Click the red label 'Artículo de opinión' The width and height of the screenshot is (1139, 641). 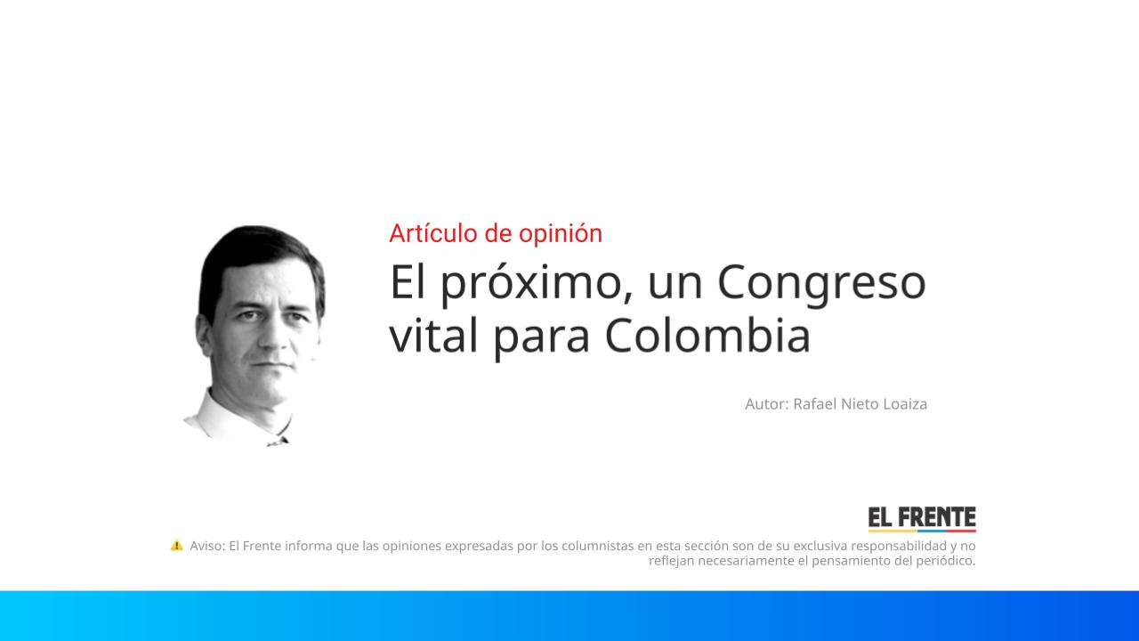[495, 233]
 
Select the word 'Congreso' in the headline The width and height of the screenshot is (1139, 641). [820, 283]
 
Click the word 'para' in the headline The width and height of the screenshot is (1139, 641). [542, 338]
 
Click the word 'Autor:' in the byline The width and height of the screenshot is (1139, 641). [766, 404]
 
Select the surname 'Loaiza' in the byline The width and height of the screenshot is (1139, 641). [904, 404]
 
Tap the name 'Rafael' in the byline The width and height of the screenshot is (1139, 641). [816, 404]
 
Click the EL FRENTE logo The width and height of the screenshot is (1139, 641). [922, 518]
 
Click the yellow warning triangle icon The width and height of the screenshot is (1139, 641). [176, 545]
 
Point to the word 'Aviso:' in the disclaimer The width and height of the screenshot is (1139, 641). [207, 546]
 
